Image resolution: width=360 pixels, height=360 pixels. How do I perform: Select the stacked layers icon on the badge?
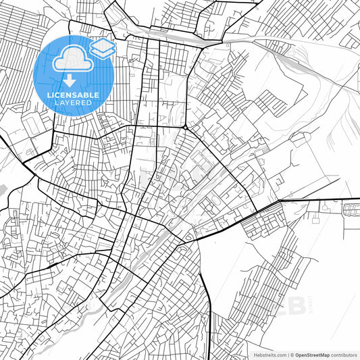102,47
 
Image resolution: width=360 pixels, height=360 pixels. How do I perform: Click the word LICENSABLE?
73,95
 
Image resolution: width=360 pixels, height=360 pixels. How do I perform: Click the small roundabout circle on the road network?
185,127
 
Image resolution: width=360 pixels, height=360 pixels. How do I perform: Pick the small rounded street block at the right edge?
351,209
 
